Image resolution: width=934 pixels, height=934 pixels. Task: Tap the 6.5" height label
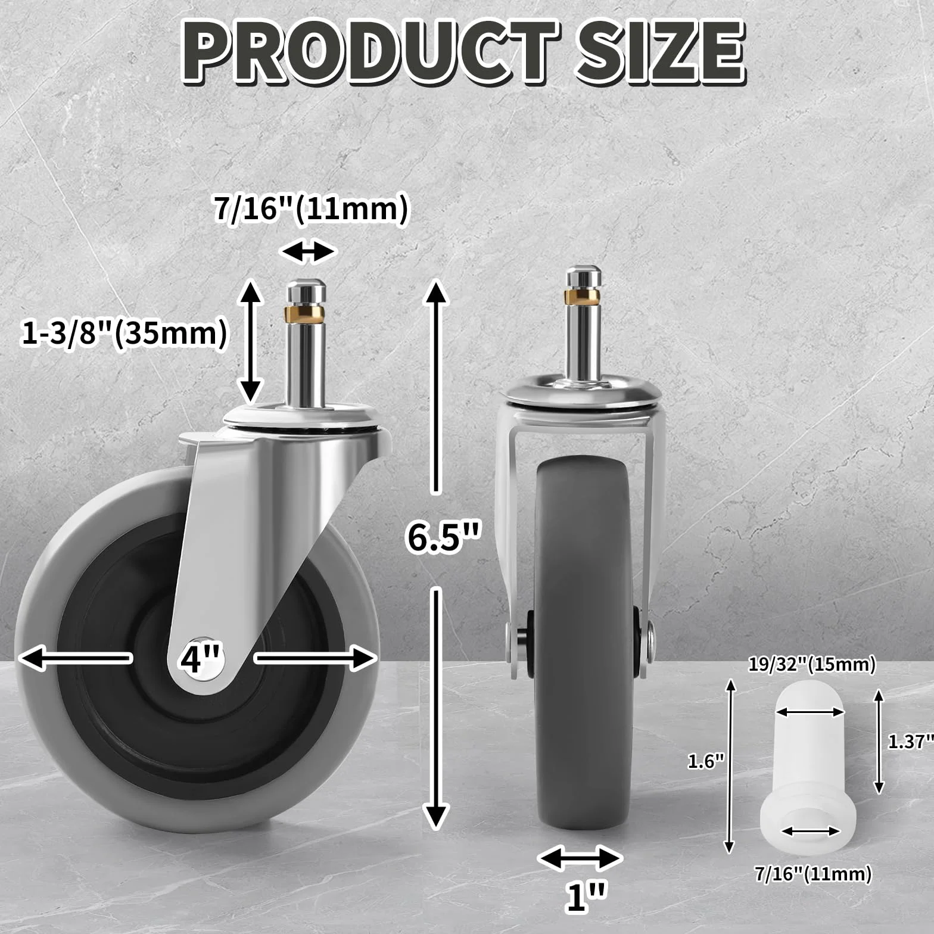click(444, 537)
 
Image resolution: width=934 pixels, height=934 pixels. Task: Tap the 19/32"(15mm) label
click(812, 664)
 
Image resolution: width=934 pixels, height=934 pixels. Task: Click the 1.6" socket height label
click(706, 761)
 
